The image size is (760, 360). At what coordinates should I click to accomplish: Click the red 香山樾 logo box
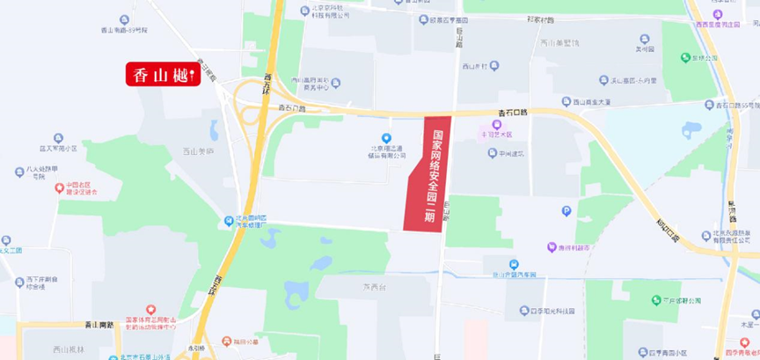[x=164, y=76]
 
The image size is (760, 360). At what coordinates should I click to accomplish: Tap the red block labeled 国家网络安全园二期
[x=428, y=173]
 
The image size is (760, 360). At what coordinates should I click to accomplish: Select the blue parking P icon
[x=566, y=210]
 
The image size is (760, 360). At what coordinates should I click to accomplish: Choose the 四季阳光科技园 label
[x=546, y=312]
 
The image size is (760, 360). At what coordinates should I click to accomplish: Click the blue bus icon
[x=515, y=264]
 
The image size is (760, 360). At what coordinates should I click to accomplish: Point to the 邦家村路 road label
[x=541, y=19]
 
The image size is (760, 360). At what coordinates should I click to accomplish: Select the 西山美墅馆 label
[x=559, y=43]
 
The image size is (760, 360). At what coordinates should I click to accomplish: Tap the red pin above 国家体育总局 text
[x=150, y=310]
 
